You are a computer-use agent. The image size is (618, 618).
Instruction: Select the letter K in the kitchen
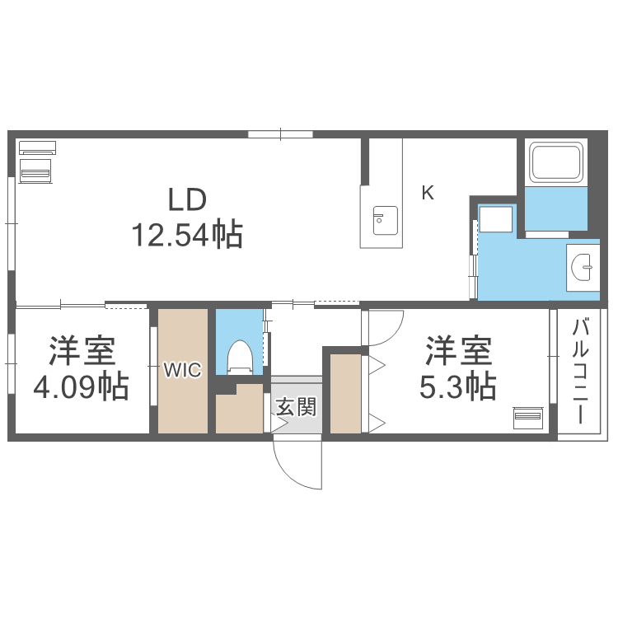click(427, 194)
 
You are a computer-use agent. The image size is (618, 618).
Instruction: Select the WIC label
click(181, 371)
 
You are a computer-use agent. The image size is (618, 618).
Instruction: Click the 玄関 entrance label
click(295, 405)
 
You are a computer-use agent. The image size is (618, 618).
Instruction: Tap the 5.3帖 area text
click(457, 386)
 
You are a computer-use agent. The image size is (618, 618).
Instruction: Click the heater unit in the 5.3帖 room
click(527, 416)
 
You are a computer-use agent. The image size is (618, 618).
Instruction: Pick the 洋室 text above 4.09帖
click(81, 352)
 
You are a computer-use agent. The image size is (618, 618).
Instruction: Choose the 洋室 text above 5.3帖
click(458, 352)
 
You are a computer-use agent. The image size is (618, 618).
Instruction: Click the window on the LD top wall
click(280, 133)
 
